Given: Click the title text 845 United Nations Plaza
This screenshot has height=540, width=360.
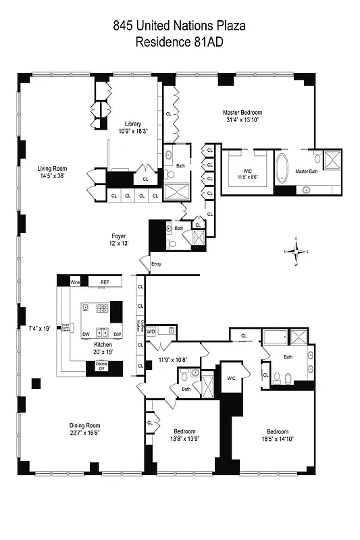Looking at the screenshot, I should point(180,27).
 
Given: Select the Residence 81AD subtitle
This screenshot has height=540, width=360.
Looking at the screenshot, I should point(180,42).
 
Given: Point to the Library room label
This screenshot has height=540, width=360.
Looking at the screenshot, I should point(132,124).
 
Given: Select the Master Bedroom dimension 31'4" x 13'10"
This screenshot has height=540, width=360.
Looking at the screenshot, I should point(242,120).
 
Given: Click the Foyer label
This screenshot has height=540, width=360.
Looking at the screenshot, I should point(120,236).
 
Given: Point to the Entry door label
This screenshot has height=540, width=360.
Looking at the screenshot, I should point(157,264).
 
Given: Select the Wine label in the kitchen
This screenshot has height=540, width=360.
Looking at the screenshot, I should point(66,282).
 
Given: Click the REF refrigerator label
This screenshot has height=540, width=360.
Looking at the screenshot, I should point(104,282).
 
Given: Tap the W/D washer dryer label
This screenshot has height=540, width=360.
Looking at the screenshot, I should point(151,331).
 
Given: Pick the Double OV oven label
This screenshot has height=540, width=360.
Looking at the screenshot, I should point(102,367).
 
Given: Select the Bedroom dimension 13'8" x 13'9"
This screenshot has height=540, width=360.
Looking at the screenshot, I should point(184,439).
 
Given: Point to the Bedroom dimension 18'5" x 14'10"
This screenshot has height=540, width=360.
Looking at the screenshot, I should point(277,439).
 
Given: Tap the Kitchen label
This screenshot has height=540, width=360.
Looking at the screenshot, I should point(103,344).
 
